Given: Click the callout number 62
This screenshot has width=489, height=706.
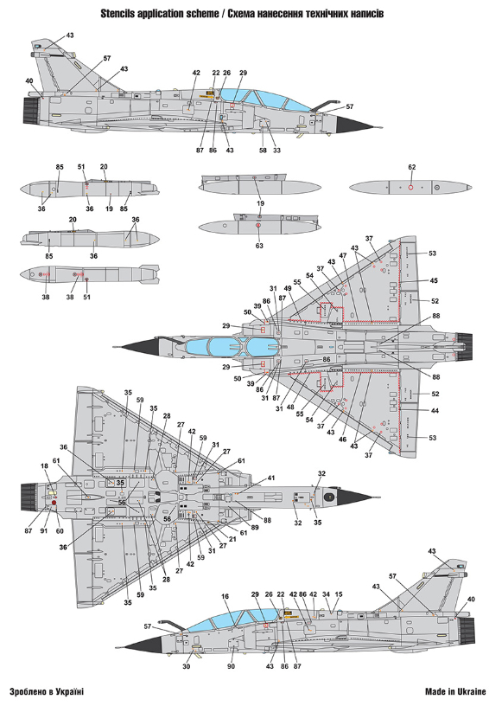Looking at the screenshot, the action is click(412, 167).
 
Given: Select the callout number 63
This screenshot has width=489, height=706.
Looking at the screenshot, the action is click(259, 246).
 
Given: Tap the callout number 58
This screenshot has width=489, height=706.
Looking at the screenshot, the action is click(263, 151).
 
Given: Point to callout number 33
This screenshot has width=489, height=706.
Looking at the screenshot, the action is click(276, 151).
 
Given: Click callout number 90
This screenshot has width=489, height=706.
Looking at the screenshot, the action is click(231, 666).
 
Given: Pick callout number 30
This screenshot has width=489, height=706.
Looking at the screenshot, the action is click(186, 666).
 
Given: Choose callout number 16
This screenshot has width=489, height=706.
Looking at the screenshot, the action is click(225, 597).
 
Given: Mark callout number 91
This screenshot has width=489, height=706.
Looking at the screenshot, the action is click(43, 531).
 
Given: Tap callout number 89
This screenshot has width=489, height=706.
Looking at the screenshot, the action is click(255, 527).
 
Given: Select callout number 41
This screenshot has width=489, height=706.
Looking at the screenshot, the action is click(270, 478).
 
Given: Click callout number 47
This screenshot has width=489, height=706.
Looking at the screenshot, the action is click(343, 256).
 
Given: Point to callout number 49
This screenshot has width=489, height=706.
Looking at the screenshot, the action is click(288, 289).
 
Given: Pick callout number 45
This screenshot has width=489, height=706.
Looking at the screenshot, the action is click(433, 280).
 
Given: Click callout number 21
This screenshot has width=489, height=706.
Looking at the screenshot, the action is click(232, 539).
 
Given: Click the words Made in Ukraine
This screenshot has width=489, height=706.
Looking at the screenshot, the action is click(455, 691).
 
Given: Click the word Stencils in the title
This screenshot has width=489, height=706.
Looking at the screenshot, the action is click(116, 14).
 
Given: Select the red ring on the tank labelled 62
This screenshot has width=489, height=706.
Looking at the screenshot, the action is click(410, 187).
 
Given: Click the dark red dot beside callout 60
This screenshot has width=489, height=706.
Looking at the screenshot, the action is click(54, 502).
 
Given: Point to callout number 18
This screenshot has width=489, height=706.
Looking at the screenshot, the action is click(44, 466).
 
